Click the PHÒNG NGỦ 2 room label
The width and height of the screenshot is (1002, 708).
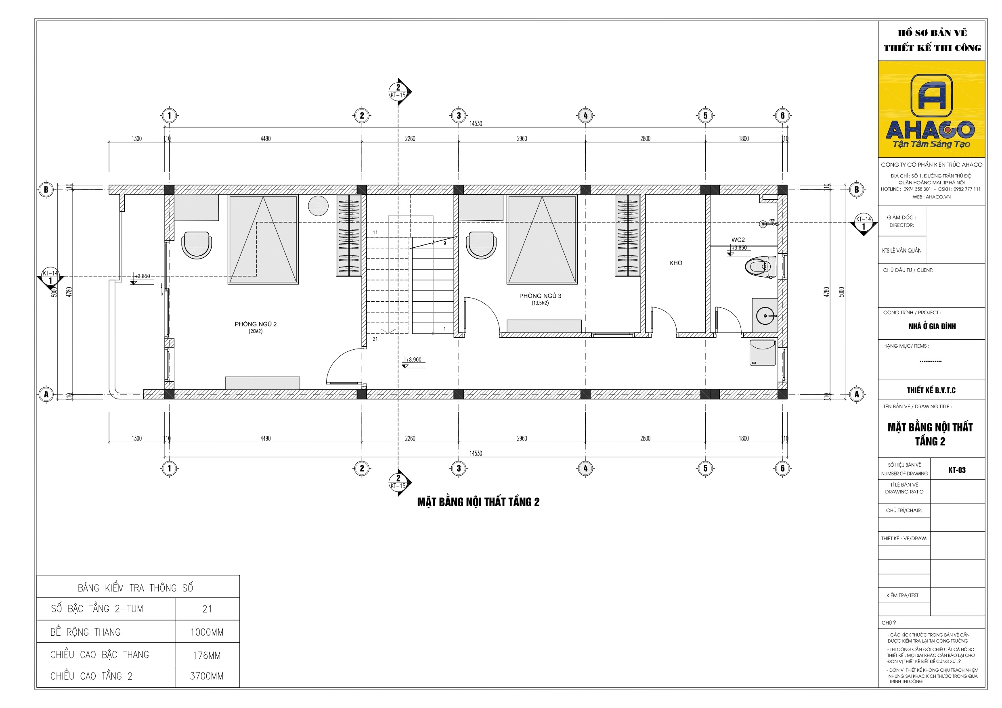point(255,324)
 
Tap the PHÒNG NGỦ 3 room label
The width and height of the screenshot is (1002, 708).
point(540,296)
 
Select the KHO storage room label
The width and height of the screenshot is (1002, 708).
point(675,263)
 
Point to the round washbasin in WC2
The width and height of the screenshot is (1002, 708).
point(765,315)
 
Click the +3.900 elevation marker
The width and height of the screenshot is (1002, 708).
point(413,360)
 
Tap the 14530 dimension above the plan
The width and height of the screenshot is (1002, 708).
point(476,123)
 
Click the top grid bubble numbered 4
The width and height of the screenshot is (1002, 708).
point(585,116)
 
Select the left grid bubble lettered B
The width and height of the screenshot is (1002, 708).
point(46,189)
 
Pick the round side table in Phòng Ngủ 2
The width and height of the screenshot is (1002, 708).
point(318,206)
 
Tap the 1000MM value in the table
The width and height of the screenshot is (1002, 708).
point(207,633)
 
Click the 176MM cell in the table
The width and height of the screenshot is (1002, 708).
point(207,655)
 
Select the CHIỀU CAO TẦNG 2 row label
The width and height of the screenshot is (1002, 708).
point(91,676)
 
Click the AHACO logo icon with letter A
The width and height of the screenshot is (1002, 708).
point(931,95)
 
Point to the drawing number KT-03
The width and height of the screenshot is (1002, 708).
point(957,470)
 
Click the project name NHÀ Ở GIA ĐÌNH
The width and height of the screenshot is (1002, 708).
point(932,326)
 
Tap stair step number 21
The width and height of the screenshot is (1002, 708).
point(375,339)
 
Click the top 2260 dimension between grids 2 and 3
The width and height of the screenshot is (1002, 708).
point(410,139)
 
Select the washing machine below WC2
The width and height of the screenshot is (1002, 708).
point(763,353)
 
